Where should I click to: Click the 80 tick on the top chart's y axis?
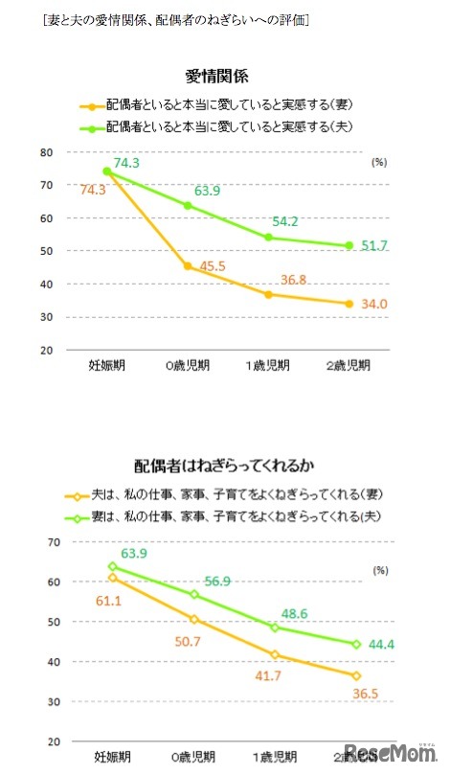[45, 152]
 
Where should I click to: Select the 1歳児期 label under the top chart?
[269, 365]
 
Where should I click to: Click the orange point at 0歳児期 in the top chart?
[188, 266]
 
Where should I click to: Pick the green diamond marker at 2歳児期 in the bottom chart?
[355, 644]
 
